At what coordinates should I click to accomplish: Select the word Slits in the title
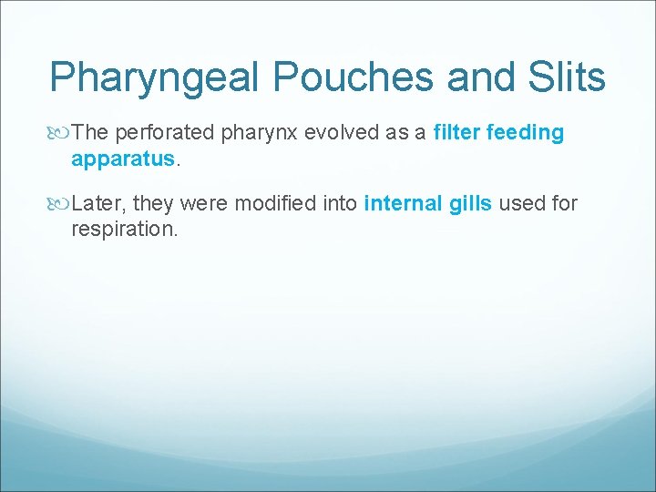pyautogui.click(x=565, y=77)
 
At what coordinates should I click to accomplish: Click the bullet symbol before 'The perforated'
pyautogui.click(x=61, y=133)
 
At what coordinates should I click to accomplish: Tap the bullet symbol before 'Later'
pyautogui.click(x=61, y=203)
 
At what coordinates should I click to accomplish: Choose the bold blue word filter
pyautogui.click(x=457, y=133)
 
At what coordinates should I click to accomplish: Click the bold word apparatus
pyautogui.click(x=122, y=159)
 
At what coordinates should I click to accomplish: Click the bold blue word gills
pyautogui.click(x=471, y=203)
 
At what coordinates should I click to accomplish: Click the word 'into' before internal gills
pyautogui.click(x=341, y=203)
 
